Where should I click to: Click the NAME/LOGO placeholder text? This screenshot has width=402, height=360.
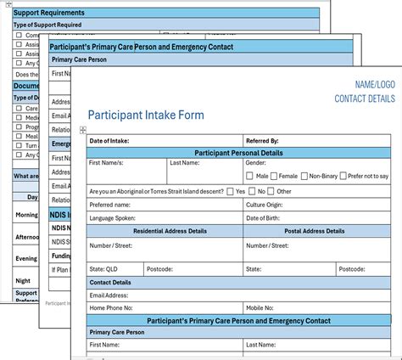(373, 84)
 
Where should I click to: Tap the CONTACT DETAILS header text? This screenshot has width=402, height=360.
(365, 98)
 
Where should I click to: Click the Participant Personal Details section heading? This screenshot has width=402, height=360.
(239, 152)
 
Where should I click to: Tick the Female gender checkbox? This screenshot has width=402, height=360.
(273, 176)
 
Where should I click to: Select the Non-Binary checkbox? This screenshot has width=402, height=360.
(304, 176)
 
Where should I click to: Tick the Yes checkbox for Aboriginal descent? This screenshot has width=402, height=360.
(231, 191)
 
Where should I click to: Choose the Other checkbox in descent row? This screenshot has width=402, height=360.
(271, 191)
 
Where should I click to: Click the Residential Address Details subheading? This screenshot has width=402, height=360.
(165, 231)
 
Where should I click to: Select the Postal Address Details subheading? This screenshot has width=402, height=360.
(315, 231)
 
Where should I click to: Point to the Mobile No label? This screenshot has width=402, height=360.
(264, 307)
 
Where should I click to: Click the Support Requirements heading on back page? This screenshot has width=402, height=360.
(49, 14)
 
